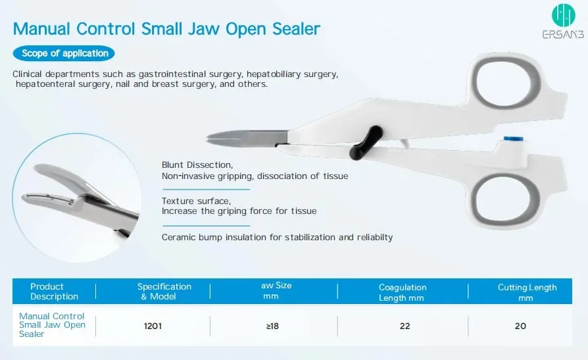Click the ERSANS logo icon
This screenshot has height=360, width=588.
tap(563, 15)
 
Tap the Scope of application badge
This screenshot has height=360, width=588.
tap(64, 53)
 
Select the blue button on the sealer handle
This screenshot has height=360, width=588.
tap(513, 139)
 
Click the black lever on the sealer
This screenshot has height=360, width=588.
tap(366, 143)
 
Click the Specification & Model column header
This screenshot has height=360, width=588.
tap(164, 292)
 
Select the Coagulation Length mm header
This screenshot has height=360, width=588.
tap(403, 292)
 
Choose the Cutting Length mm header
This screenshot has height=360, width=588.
tap(527, 292)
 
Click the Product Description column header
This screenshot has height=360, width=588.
tap(54, 292)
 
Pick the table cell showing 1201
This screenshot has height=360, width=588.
tap(153, 326)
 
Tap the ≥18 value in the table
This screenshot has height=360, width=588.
tap(272, 326)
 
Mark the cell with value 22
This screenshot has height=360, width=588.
tap(404, 326)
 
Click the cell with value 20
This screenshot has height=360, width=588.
tap(520, 326)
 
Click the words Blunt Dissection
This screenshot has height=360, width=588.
tap(197, 165)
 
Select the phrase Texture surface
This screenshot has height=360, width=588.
tap(196, 201)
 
